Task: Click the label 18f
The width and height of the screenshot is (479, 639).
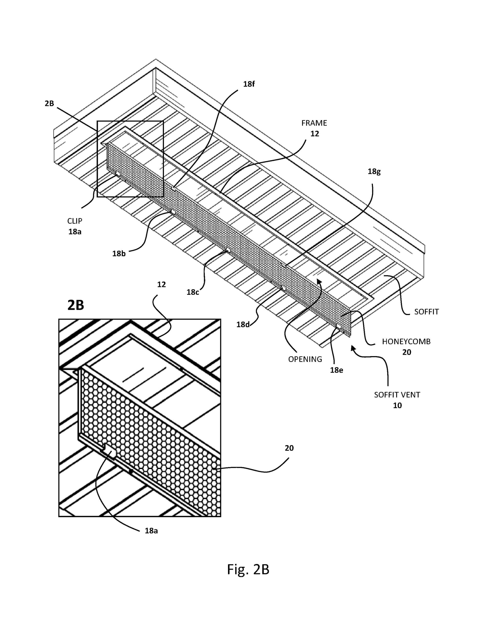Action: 248,84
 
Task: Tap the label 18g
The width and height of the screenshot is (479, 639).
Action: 374,171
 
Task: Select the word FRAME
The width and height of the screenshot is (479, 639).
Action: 314,123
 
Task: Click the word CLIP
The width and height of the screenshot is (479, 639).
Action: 75,221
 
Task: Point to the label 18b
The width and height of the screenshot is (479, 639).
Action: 119,254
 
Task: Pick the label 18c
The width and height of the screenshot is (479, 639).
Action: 193,292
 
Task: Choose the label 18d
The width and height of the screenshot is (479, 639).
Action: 243,324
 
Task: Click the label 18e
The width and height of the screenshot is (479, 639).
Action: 336,370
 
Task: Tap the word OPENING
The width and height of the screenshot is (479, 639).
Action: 305,359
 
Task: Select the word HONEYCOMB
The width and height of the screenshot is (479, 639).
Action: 406,341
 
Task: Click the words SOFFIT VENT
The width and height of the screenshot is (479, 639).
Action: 397,395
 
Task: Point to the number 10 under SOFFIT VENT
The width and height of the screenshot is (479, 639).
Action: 397,405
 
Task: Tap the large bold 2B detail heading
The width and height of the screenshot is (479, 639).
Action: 76,305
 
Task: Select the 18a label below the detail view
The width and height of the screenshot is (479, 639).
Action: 151,531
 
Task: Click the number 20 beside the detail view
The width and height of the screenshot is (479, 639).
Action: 289,448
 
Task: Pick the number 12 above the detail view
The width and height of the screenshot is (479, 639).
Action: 161,285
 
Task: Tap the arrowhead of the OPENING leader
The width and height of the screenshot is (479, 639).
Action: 319,281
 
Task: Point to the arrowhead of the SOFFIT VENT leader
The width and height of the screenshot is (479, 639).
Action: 353,348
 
